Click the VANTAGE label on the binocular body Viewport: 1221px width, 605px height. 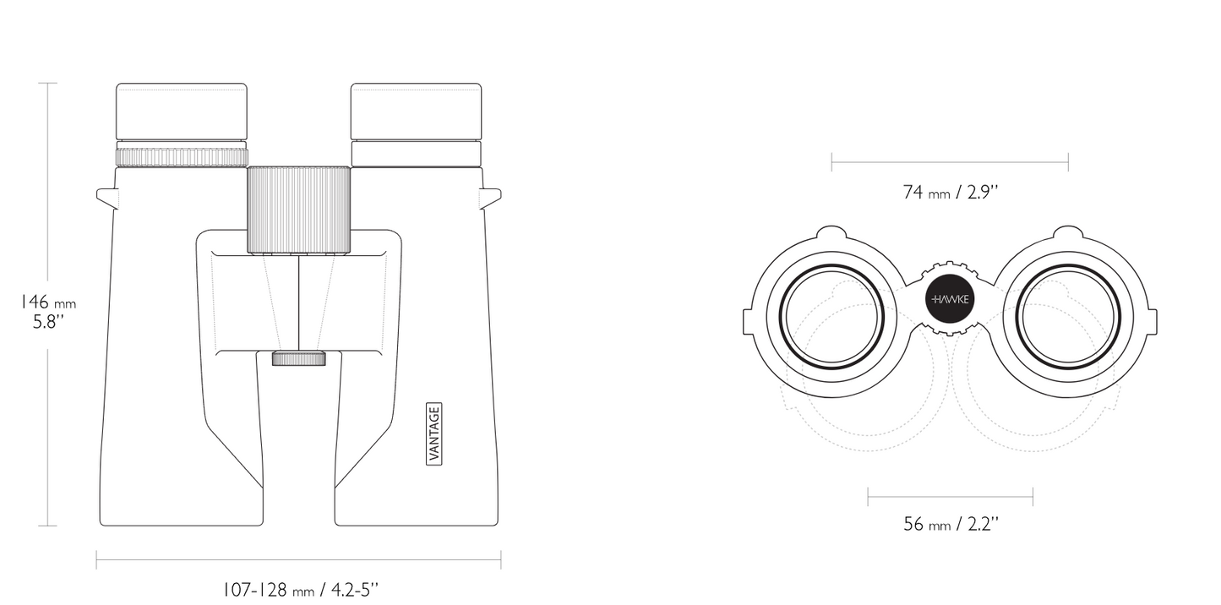(433, 433)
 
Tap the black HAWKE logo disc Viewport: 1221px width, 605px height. (950, 298)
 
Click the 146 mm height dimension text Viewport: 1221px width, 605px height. (48, 302)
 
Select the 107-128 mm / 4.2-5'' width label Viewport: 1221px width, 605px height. (300, 590)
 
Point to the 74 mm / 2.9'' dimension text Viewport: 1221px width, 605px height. (950, 193)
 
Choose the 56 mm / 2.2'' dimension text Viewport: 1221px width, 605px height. (951, 525)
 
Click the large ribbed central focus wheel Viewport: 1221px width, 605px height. (299, 210)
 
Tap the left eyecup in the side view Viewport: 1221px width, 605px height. (182, 112)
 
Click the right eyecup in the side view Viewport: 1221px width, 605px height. (416, 112)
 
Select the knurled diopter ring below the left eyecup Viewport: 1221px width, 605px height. (182, 156)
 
